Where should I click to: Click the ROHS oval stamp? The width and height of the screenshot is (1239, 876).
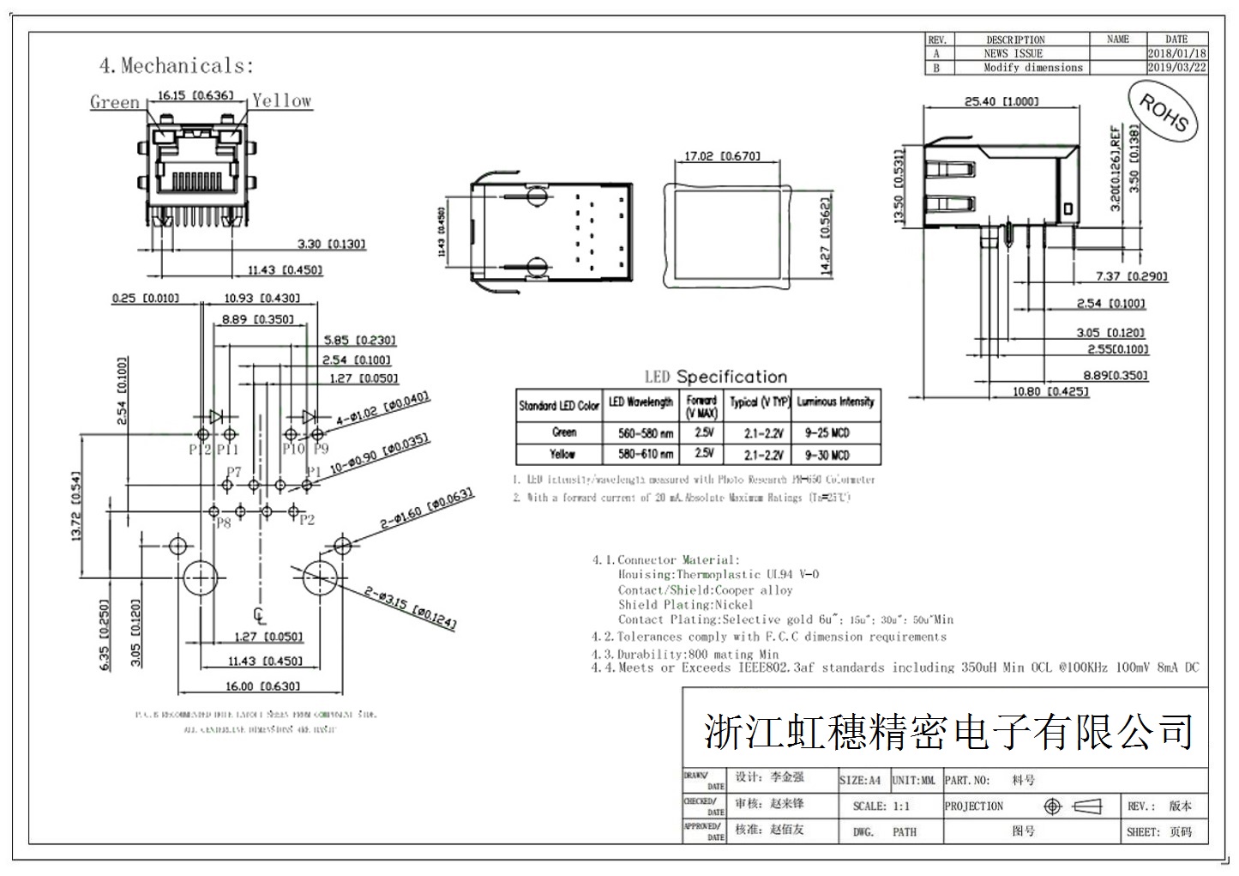coord(1164,112)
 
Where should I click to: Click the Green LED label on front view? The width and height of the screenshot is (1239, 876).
coord(114,102)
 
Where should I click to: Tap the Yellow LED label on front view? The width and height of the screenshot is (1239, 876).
coord(281,100)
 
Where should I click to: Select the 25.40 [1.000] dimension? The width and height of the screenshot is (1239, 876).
coord(1001,101)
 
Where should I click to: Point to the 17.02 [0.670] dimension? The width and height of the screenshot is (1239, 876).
coord(722,156)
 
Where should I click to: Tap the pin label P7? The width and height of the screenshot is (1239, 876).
coord(234,472)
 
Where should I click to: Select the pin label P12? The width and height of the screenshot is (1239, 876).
coord(200,449)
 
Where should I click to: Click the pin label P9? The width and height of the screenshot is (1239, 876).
coord(320,449)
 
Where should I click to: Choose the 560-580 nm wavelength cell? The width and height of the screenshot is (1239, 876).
coord(646,432)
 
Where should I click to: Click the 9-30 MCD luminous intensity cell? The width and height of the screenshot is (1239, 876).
coord(827,455)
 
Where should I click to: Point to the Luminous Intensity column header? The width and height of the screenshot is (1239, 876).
coord(835,402)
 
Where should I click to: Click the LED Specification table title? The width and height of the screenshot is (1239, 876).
coord(715,377)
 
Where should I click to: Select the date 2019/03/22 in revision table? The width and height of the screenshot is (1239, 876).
coord(1176,67)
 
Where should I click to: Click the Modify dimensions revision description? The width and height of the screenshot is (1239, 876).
coord(1032,67)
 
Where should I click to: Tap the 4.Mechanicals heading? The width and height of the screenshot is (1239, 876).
coord(177,66)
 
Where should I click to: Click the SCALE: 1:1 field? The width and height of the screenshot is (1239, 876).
coord(881,806)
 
